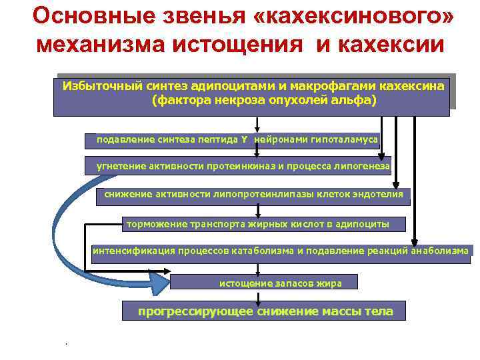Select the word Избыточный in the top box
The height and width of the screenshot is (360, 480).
click(x=97, y=86)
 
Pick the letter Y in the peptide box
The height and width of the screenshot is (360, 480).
click(x=244, y=140)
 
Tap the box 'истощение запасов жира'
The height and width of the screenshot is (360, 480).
click(x=264, y=283)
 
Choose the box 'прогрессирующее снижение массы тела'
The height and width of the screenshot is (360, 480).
click(x=265, y=311)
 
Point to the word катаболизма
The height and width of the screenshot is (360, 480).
click(x=263, y=251)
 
